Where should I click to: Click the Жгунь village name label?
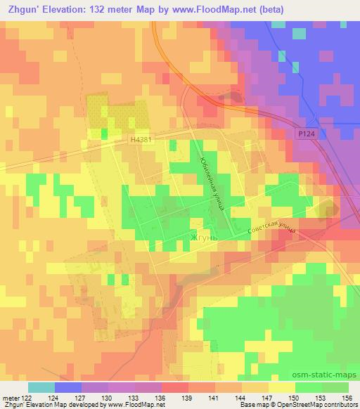pos(205,238)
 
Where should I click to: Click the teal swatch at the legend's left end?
pos(41,387)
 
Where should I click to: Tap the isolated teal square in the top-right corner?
pos(300,33)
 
